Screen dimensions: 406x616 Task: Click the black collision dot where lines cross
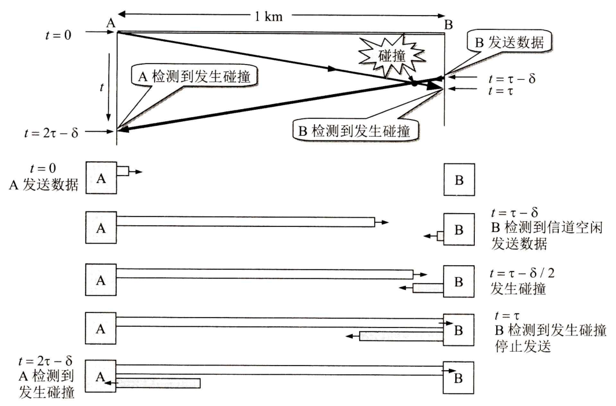click(x=415, y=84)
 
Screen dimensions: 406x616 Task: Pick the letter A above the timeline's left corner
click(x=111, y=23)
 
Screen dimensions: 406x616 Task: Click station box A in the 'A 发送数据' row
click(x=101, y=179)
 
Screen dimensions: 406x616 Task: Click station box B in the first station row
click(x=459, y=180)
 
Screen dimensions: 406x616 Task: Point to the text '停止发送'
click(x=526, y=348)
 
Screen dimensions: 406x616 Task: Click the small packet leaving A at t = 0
click(x=123, y=172)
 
